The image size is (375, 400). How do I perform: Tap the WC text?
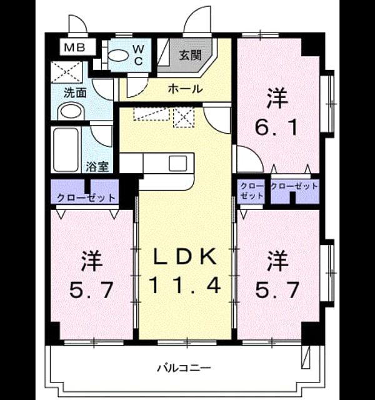138,55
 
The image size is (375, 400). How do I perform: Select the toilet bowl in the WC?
117,56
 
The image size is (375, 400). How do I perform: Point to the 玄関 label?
190,55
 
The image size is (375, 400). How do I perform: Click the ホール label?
185,89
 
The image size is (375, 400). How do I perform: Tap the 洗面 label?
75,93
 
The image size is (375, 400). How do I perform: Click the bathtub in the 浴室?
66,150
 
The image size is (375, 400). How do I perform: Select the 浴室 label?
97,167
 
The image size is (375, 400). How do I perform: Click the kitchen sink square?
177,163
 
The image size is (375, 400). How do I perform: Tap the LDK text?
185,257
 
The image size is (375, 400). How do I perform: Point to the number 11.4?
185,285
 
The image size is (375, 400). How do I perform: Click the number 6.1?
277,127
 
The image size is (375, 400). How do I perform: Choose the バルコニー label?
184,368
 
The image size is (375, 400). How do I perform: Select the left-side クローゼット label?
86,197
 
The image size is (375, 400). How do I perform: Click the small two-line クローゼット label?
251,191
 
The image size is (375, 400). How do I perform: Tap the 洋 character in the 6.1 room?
277,98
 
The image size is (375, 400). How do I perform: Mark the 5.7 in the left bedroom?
91,290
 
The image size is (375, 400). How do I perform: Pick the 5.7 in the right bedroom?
277,290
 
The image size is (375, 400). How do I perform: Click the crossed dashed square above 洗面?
67,72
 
